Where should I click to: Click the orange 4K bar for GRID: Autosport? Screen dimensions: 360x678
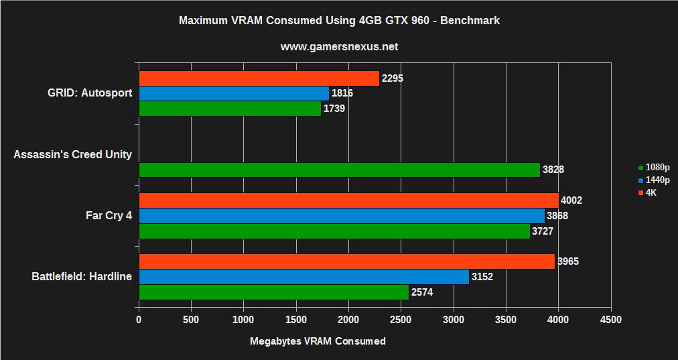pyautogui.click(x=259, y=78)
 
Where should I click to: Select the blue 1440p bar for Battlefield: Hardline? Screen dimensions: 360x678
pyautogui.click(x=303, y=277)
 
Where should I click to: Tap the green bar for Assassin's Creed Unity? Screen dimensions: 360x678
pyautogui.click(x=339, y=170)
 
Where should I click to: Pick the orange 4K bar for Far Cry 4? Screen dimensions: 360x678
pyautogui.click(x=348, y=200)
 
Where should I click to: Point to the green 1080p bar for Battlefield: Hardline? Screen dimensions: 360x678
pyautogui.click(x=273, y=292)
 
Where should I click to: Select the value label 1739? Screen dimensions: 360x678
pyautogui.click(x=334, y=108)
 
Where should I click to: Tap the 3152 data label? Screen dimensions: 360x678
pyautogui.click(x=483, y=277)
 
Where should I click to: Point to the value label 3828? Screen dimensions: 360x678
pyautogui.click(x=553, y=170)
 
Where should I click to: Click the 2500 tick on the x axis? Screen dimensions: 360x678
pyautogui.click(x=401, y=320)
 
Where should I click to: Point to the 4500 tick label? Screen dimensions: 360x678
pyautogui.click(x=610, y=320)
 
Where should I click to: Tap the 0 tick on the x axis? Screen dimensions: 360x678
pyautogui.click(x=139, y=320)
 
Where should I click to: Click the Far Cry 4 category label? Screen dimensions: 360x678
pyautogui.click(x=109, y=216)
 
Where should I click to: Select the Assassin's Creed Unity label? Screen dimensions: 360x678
pyautogui.click(x=72, y=155)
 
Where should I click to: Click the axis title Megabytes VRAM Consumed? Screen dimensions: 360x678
pyautogui.click(x=318, y=341)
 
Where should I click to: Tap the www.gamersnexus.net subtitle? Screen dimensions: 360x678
pyautogui.click(x=339, y=47)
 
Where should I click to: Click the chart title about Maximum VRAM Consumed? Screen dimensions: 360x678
pyautogui.click(x=339, y=21)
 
